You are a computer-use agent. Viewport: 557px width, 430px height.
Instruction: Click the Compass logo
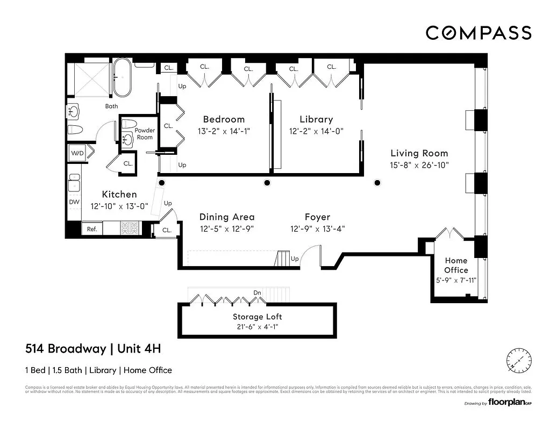(479, 33)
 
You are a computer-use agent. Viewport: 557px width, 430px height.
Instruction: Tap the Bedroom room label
(224, 119)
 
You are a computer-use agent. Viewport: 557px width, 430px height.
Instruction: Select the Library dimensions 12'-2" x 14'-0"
(316, 131)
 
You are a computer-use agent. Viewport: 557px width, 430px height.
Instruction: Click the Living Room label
(419, 153)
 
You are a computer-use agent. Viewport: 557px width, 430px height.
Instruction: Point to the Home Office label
(456, 265)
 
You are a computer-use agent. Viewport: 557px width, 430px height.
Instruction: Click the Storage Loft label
(257, 317)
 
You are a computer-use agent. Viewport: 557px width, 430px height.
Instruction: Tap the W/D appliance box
(77, 153)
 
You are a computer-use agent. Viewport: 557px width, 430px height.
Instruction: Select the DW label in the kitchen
(74, 202)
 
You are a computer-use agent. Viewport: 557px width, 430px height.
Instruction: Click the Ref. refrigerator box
(92, 229)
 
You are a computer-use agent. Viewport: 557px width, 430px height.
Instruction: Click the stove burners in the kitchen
(129, 228)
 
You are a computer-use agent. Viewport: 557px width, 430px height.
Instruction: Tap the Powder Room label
(144, 134)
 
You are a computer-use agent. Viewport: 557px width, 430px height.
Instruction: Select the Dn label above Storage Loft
(258, 293)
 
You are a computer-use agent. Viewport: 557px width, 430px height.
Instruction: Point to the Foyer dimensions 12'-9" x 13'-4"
(317, 228)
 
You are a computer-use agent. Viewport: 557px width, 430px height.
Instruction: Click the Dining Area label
(227, 217)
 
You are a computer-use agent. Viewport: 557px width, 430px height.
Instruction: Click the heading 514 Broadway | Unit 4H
(93, 349)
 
